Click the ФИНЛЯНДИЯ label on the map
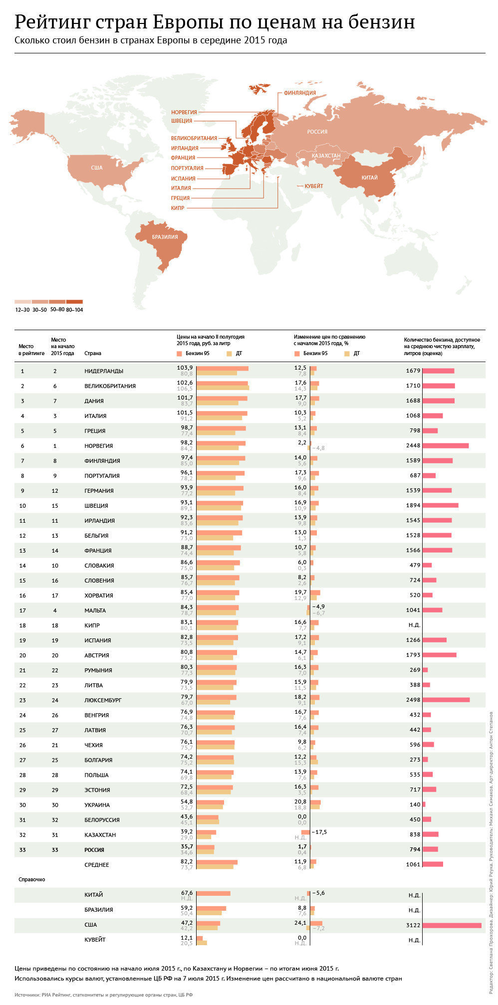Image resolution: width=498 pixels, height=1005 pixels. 299,93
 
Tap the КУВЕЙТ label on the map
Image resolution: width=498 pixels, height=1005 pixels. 314,186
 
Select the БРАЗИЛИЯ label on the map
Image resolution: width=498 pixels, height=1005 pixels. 165,237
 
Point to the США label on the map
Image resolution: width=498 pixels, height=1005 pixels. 96,168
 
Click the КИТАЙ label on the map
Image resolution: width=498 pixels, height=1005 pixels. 369,178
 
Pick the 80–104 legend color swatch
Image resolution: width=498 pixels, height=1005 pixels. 74,302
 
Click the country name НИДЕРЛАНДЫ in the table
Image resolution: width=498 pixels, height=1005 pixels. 104,371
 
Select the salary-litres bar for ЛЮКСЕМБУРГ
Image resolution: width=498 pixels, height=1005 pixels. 446,700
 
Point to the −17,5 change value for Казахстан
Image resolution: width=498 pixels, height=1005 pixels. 319,832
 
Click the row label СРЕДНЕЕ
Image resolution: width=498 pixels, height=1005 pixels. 97,865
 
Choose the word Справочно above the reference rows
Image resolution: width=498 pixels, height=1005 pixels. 32,879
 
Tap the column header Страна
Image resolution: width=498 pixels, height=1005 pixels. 93,353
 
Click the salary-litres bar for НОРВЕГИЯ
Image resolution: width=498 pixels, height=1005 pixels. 446,445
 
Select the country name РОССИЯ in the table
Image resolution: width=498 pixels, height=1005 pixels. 94,850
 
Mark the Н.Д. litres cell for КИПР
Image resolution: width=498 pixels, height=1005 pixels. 414,625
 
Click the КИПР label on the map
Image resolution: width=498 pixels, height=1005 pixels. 178,208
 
